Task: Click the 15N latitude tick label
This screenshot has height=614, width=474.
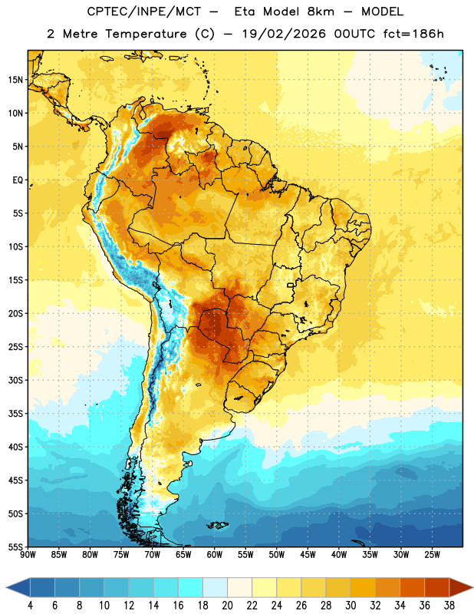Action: [x=15, y=80]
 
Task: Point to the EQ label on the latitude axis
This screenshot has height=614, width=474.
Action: [x=18, y=180]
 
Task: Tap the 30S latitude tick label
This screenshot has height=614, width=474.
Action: [x=15, y=380]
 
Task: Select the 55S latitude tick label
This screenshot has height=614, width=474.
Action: [x=15, y=546]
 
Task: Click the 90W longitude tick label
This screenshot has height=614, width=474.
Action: [x=28, y=555]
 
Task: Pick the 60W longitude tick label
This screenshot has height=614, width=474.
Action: [x=215, y=555]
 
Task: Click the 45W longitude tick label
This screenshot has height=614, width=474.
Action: [x=308, y=555]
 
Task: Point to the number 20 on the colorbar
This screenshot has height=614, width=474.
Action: [x=227, y=606]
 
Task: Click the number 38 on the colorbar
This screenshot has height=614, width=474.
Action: [x=449, y=606]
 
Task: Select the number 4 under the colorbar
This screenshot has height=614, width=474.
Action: [x=30, y=606]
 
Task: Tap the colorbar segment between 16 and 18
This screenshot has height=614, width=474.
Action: [x=190, y=588]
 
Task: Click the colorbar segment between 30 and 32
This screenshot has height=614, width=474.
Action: [x=363, y=588]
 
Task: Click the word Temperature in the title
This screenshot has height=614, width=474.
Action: [x=146, y=34]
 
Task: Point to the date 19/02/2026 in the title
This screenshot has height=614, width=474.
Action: [x=283, y=34]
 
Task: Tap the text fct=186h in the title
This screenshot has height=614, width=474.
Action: [x=413, y=34]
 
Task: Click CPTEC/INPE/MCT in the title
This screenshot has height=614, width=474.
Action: [x=143, y=12]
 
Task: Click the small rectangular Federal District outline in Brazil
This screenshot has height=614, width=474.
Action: [x=291, y=285]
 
